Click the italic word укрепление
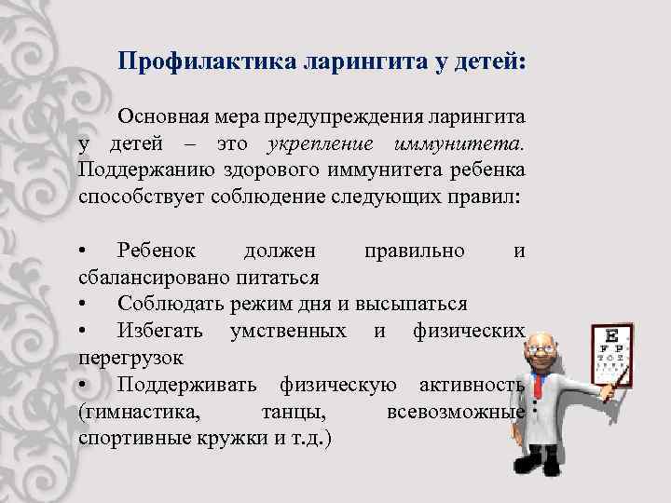click(x=320, y=145)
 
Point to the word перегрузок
click(x=130, y=357)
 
